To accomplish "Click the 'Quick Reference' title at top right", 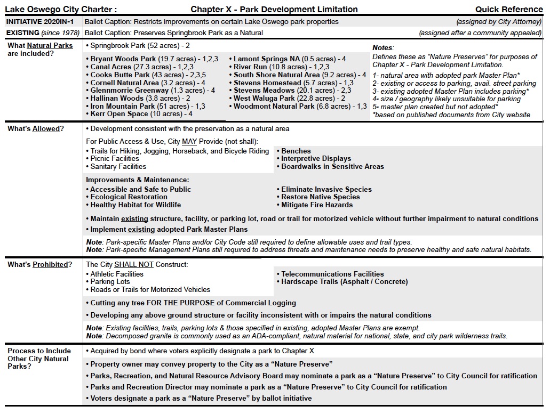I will [509, 9].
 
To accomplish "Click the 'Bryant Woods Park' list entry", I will [123, 59].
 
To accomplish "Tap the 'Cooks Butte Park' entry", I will [119, 75].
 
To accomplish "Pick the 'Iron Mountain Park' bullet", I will [123, 107].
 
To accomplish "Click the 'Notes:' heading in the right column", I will [383, 48].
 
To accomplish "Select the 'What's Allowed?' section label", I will [36, 129].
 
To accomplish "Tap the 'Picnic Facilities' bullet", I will [115, 159].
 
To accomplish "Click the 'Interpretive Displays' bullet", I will [316, 159].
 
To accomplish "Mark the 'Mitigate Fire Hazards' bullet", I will [317, 205].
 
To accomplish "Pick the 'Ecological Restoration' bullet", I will [129, 197].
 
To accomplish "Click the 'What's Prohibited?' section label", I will [39, 265].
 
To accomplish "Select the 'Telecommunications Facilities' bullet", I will [332, 274].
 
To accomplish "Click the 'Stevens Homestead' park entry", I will [267, 83].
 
